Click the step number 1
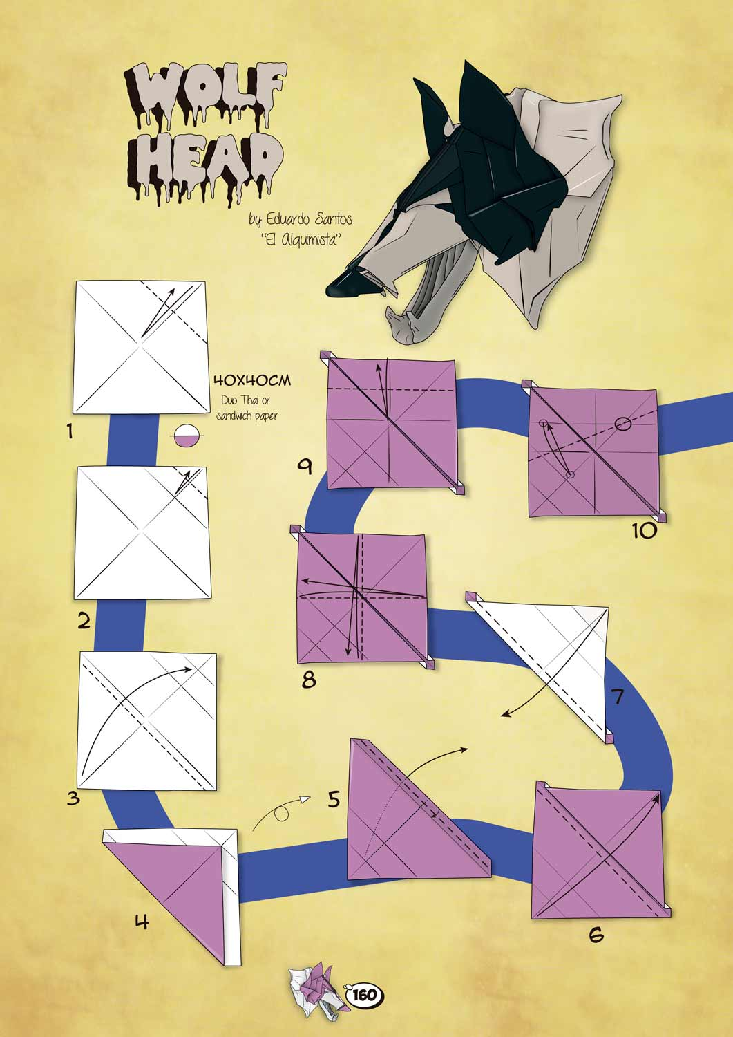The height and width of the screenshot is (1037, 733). (x=70, y=431)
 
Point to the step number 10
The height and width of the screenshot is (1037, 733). (x=644, y=531)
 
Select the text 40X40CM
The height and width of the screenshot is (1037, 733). (x=252, y=380)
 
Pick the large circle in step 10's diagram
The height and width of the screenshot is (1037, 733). (x=623, y=423)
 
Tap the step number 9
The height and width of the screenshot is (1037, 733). (x=305, y=467)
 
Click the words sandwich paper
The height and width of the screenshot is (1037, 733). (x=247, y=415)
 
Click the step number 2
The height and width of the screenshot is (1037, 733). (x=84, y=622)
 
